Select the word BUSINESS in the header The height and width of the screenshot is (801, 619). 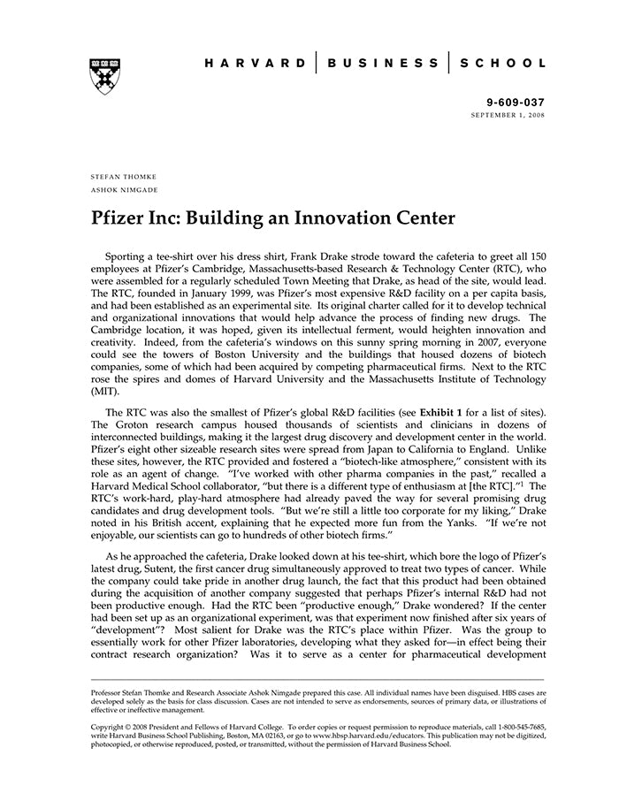pos(383,64)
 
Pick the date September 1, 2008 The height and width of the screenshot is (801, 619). pos(508,116)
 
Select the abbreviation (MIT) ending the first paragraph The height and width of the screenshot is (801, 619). pos(104,390)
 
